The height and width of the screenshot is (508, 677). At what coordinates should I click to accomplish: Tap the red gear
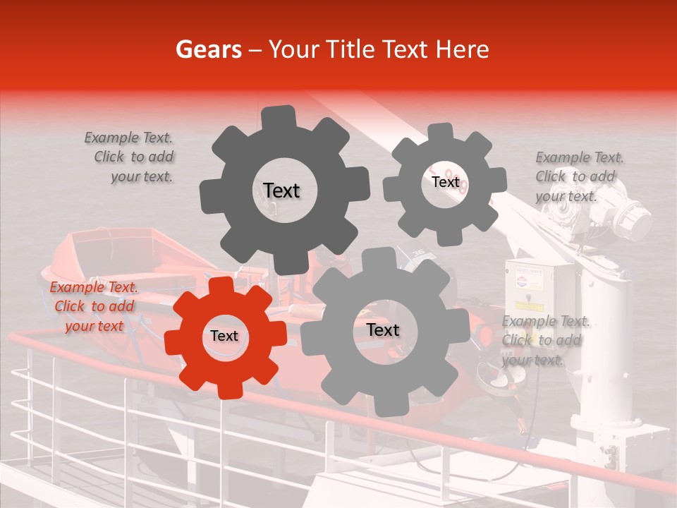click(225, 337)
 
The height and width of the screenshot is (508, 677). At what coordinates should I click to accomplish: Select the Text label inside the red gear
click(224, 337)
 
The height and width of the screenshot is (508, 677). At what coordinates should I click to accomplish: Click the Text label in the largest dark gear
click(281, 190)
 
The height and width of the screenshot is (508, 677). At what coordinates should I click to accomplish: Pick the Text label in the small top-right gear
click(445, 182)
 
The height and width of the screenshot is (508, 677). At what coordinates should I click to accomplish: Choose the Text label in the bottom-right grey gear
click(383, 330)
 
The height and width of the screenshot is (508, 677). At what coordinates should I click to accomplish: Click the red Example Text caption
click(94, 306)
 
